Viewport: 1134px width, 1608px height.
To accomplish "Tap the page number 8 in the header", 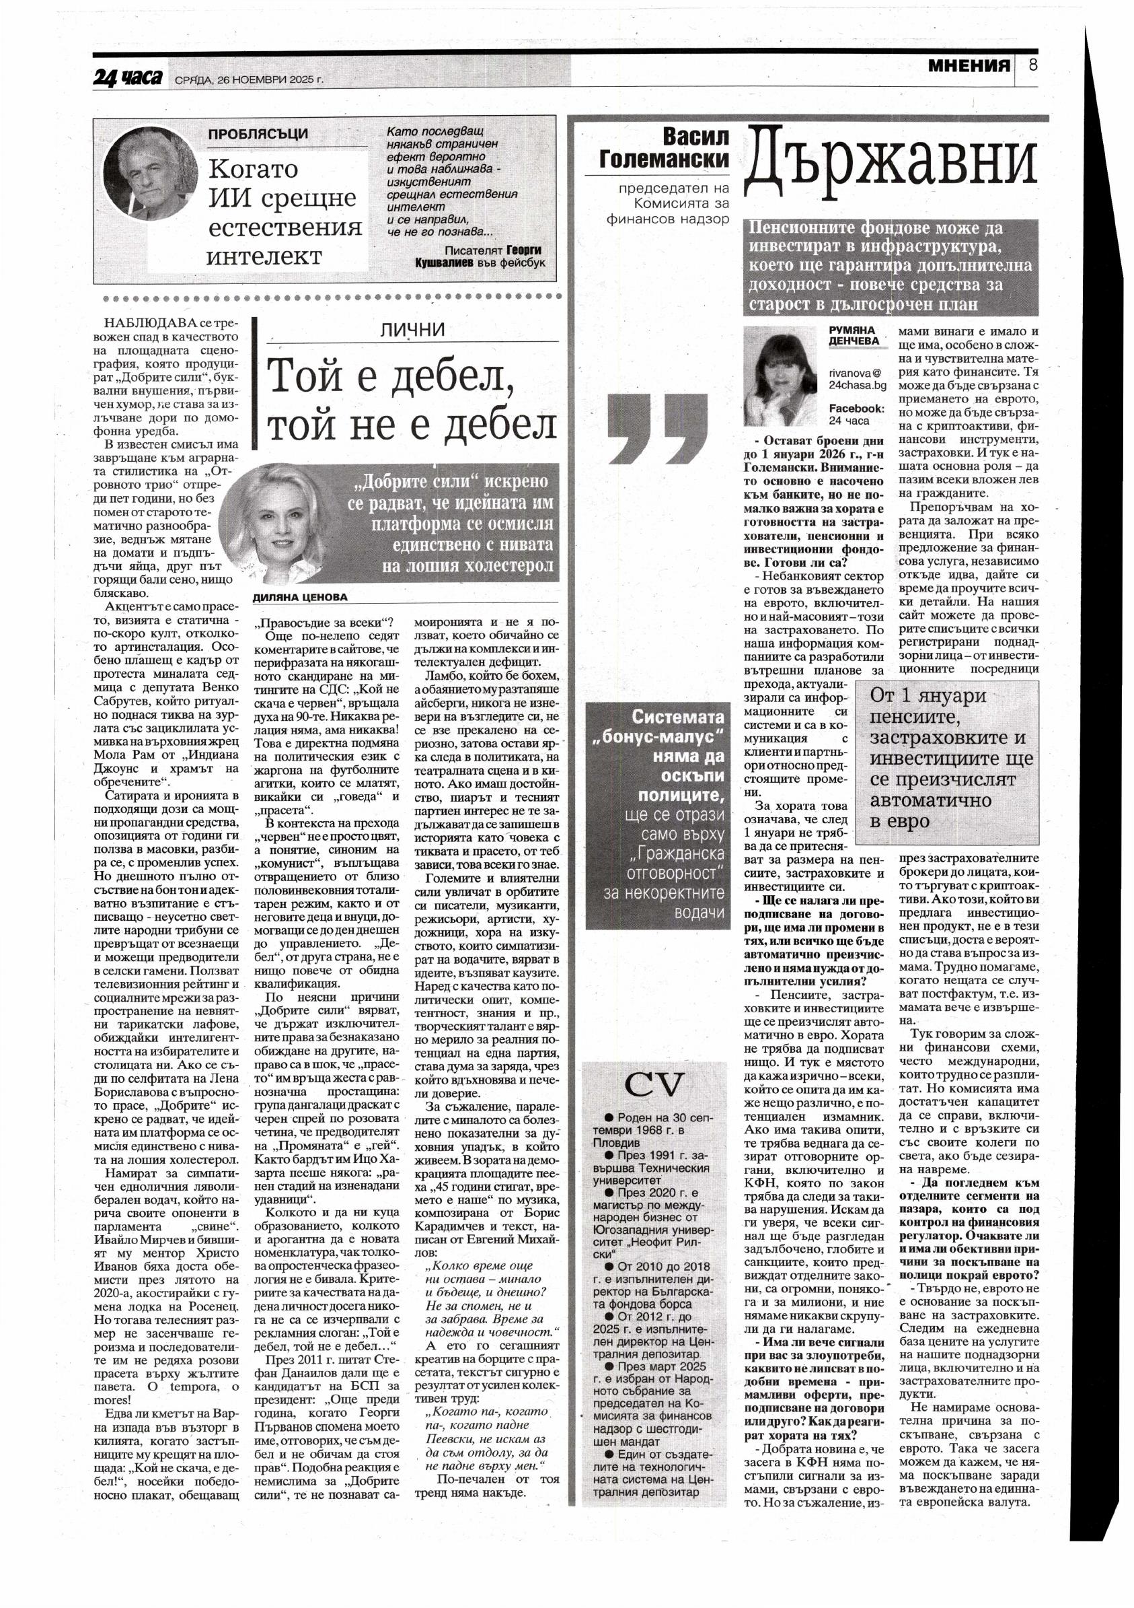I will pyautogui.click(x=1032, y=66).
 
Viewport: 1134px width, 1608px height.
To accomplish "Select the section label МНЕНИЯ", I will pyautogui.click(x=969, y=67).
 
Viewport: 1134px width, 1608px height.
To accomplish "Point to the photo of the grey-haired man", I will pyautogui.click(x=149, y=173).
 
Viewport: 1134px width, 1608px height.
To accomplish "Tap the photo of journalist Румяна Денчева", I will pyautogui.click(x=779, y=376).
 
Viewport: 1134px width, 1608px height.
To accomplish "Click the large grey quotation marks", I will pyautogui.click(x=656, y=428).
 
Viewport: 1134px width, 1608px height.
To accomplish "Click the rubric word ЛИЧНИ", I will pyautogui.click(x=412, y=330).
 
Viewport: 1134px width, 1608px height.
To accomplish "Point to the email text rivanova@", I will pyautogui.click(x=855, y=374).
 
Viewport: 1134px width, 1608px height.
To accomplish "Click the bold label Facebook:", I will pyautogui.click(x=856, y=409).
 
